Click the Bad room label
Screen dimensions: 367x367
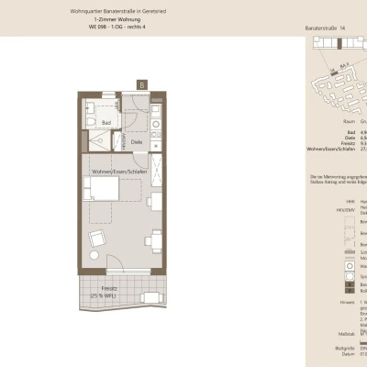pyautogui.click(x=106, y=121)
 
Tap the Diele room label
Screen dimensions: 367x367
pyautogui.click(x=135, y=141)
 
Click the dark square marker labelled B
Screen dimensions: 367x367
pyautogui.click(x=142, y=83)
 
